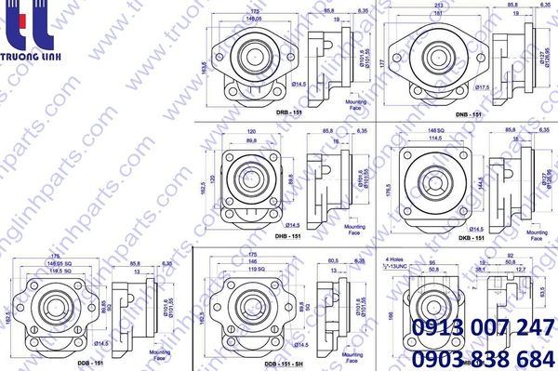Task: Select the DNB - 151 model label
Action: pos(467,113)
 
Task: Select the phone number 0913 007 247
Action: pos(483,328)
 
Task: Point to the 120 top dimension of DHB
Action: pos(250,130)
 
